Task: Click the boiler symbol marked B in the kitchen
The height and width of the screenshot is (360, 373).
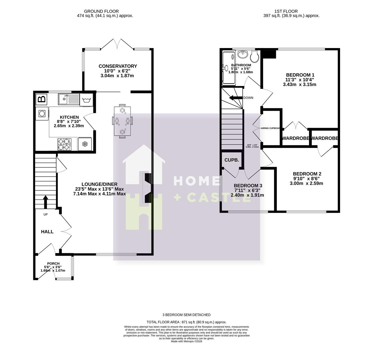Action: [x=42, y=99]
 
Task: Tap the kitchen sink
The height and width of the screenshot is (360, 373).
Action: [x=68, y=99]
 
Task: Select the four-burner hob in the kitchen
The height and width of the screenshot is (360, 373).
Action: [x=64, y=144]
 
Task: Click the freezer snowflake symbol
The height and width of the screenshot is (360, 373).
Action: [x=85, y=144]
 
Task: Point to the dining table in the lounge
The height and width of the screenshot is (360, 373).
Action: [x=122, y=121]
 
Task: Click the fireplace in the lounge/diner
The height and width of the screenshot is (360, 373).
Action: [x=147, y=188]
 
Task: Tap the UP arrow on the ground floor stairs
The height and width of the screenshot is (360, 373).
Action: [x=46, y=202]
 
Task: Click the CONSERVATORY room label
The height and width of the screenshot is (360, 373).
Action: [x=118, y=66]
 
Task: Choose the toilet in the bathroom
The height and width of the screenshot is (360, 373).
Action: [x=255, y=57]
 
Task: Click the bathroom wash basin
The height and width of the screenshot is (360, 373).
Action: [x=243, y=54]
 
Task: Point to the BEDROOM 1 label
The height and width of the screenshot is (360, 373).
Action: [x=300, y=75]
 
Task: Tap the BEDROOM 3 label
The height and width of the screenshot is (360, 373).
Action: [x=248, y=186]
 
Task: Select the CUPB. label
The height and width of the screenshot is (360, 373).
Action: [x=231, y=160]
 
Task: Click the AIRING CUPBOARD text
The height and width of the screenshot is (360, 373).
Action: [x=270, y=128]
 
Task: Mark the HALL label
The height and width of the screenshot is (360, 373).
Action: [x=47, y=232]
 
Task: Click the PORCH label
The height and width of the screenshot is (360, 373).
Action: [x=53, y=263]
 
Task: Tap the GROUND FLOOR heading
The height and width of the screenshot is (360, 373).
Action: [x=101, y=11]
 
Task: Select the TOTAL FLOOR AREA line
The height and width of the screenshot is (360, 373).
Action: [x=186, y=322]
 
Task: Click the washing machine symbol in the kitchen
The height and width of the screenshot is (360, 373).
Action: [x=86, y=100]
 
